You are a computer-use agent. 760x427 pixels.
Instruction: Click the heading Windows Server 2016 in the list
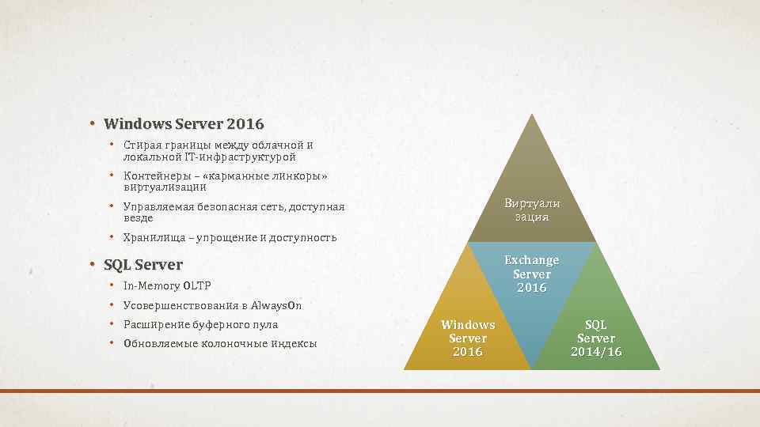(x=184, y=124)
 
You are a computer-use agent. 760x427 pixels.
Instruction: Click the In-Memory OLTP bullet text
(x=167, y=285)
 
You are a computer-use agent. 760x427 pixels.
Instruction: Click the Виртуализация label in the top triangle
(x=531, y=210)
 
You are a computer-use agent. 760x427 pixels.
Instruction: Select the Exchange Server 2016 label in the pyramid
(x=531, y=274)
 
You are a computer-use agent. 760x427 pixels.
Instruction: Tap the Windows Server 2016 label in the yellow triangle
(x=467, y=338)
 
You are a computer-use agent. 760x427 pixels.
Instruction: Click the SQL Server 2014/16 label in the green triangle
(x=595, y=338)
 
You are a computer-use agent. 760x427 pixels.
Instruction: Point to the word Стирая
(x=140, y=145)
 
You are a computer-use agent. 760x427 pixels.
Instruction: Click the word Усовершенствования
(x=180, y=305)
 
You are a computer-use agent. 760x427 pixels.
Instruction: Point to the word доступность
(x=302, y=237)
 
